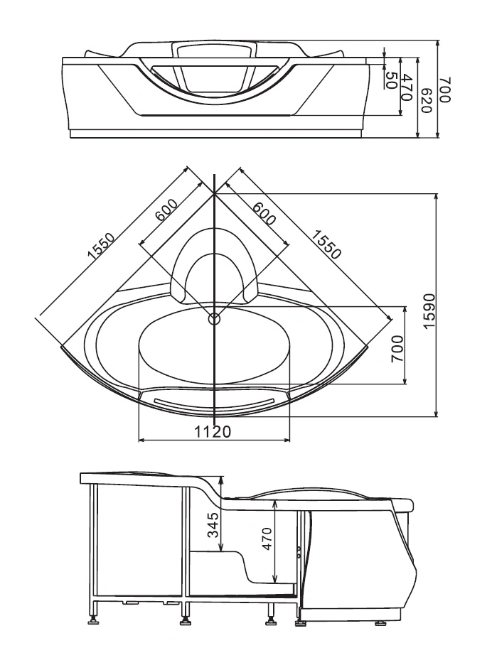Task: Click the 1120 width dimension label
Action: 213,432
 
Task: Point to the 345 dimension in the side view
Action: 215,524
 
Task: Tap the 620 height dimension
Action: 426,101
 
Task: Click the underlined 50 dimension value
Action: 390,80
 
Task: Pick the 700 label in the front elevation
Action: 444,90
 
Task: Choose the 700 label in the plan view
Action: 397,349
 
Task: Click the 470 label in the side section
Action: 267,539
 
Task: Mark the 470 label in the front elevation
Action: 407,87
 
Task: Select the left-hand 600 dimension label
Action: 166,210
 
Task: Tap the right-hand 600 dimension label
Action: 264,213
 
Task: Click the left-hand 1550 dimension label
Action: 101,246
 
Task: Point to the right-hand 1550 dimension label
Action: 326,244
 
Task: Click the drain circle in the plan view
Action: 215,318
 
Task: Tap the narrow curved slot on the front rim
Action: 215,404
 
